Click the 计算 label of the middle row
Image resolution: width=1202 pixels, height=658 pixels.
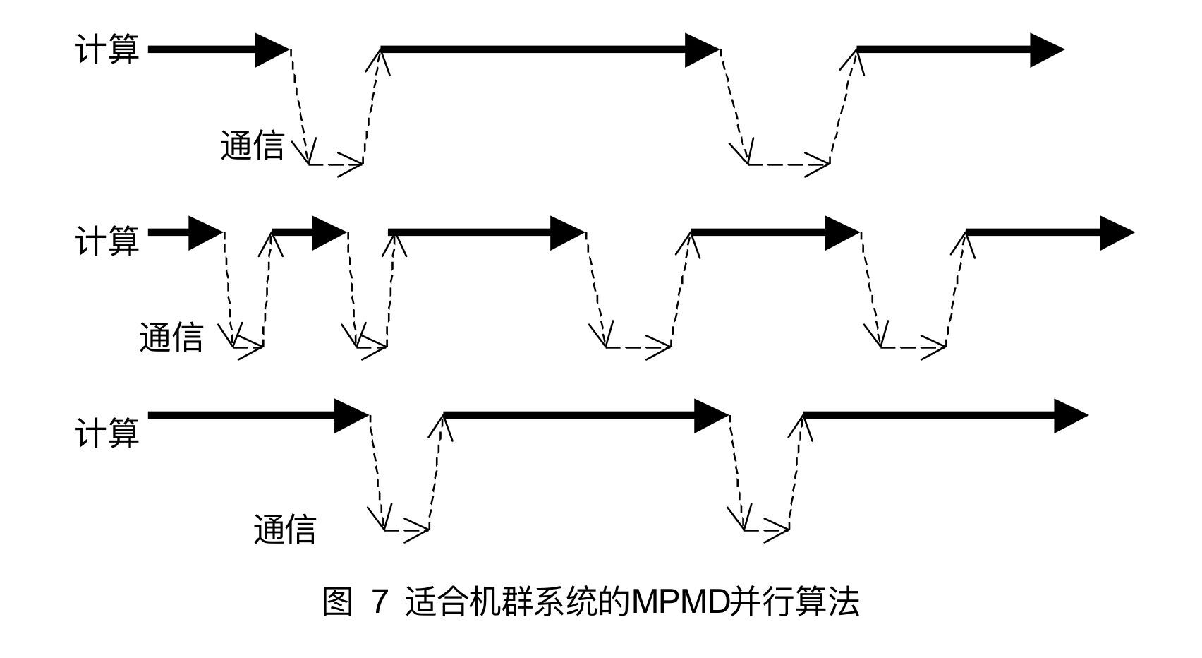[x=107, y=241]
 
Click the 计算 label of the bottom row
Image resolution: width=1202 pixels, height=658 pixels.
[x=107, y=433]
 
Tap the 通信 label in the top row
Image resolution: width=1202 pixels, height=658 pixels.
[x=253, y=146]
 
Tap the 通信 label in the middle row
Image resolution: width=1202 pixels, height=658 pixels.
[x=171, y=337]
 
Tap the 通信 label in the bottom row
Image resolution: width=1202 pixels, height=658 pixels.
[x=285, y=529]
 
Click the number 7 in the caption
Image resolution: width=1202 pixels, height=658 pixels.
[x=380, y=602]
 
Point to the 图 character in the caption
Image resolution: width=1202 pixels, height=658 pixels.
[x=337, y=602]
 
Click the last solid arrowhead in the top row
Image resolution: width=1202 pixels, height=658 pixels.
[x=1046, y=49]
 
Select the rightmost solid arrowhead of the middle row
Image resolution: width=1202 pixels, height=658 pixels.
[x=1117, y=233]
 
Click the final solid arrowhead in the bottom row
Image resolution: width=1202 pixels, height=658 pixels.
[x=1071, y=415]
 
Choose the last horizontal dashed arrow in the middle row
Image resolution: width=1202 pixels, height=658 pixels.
[x=913, y=347]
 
